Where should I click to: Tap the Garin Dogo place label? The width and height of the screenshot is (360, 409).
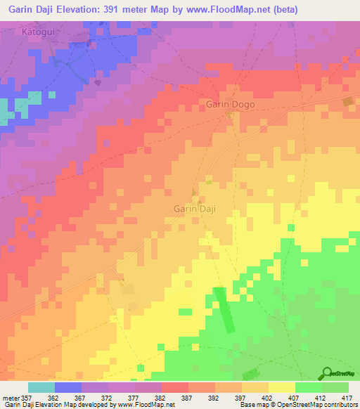coord(230,105)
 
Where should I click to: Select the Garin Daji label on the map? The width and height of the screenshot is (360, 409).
coord(193,209)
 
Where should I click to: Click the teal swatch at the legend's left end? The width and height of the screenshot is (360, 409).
coord(41,387)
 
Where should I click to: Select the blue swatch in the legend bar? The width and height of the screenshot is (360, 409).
coord(67,387)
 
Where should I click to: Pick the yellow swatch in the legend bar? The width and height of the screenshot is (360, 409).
coord(281,387)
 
